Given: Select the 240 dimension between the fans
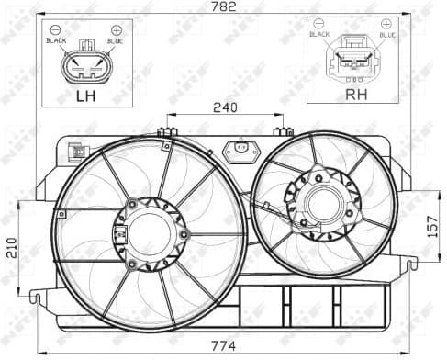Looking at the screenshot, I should pyautogui.click(x=225, y=107).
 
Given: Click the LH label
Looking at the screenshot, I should pyautogui.click(x=85, y=96).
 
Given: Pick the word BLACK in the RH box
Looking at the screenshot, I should pyautogui.click(x=319, y=34).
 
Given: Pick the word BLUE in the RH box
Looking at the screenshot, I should pyautogui.click(x=386, y=34).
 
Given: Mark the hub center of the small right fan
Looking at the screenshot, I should pyautogui.click(x=320, y=205).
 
